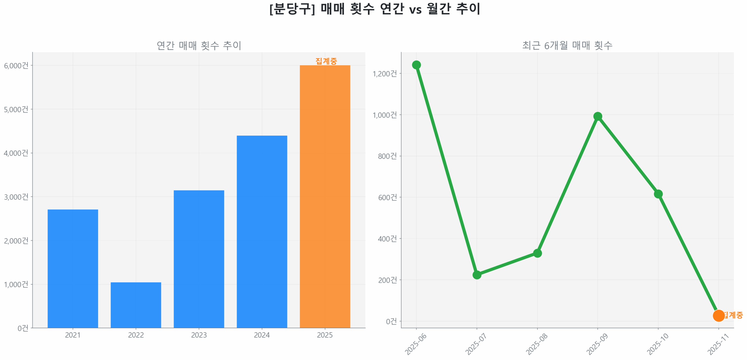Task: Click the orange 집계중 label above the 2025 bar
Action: click(326, 61)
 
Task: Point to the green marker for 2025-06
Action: click(416, 65)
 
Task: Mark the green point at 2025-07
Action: click(477, 275)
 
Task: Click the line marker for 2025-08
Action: click(537, 253)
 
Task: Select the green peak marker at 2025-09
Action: click(598, 116)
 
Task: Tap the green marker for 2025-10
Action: click(658, 194)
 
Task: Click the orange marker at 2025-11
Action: click(718, 315)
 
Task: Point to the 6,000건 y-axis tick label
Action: click(16, 66)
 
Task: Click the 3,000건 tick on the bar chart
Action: click(16, 197)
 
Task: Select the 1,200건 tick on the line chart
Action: click(385, 74)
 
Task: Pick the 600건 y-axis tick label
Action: click(387, 198)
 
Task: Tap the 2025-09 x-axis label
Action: click(597, 344)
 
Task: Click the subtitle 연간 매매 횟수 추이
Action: click(199, 46)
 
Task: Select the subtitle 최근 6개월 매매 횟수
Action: click(567, 46)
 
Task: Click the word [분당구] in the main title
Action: click(292, 9)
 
